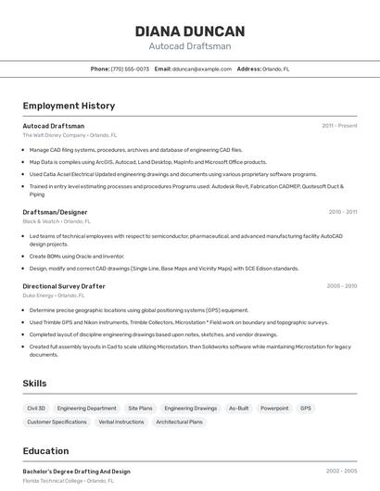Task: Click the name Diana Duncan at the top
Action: click(x=190, y=31)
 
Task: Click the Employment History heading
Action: click(x=69, y=106)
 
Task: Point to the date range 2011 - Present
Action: click(x=339, y=125)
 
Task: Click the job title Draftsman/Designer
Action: click(x=55, y=212)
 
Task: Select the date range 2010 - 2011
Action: click(x=342, y=212)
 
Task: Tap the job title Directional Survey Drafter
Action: click(x=64, y=286)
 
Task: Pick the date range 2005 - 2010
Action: click(x=342, y=286)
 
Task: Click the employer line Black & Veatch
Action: click(x=56, y=221)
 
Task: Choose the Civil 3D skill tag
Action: click(x=36, y=408)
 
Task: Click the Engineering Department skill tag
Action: click(x=87, y=408)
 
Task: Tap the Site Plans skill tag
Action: click(x=140, y=408)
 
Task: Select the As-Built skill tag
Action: click(x=238, y=408)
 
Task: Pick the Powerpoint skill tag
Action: click(x=274, y=408)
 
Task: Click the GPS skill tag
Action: click(x=306, y=408)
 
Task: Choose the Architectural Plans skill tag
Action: click(x=179, y=422)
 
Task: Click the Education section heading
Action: click(x=45, y=451)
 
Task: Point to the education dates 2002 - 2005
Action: click(x=341, y=471)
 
